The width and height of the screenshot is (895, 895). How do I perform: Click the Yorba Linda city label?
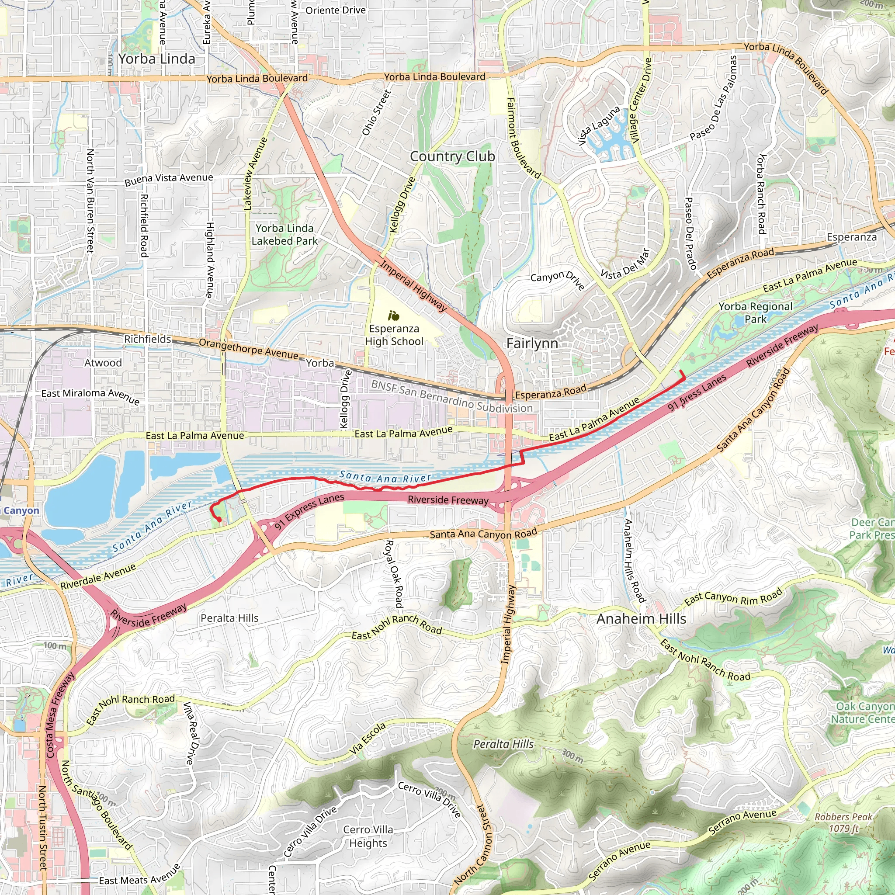click(156, 59)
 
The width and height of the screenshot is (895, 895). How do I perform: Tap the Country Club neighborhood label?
click(452, 156)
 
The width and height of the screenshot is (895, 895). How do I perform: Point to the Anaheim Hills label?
click(641, 619)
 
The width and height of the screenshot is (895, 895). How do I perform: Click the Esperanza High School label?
click(394, 335)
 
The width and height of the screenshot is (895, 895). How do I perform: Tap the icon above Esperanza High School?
click(394, 316)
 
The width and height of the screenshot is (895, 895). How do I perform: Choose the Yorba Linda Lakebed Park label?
click(284, 234)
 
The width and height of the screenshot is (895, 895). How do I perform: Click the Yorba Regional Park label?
click(755, 313)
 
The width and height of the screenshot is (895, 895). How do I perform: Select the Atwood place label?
click(103, 363)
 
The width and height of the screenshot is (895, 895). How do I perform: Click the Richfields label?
click(147, 339)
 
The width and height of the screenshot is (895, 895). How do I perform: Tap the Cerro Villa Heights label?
click(368, 836)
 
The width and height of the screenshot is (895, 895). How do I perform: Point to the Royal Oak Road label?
click(394, 573)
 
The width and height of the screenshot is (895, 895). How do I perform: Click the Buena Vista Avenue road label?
click(169, 179)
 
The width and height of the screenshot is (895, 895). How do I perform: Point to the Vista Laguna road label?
click(600, 125)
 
